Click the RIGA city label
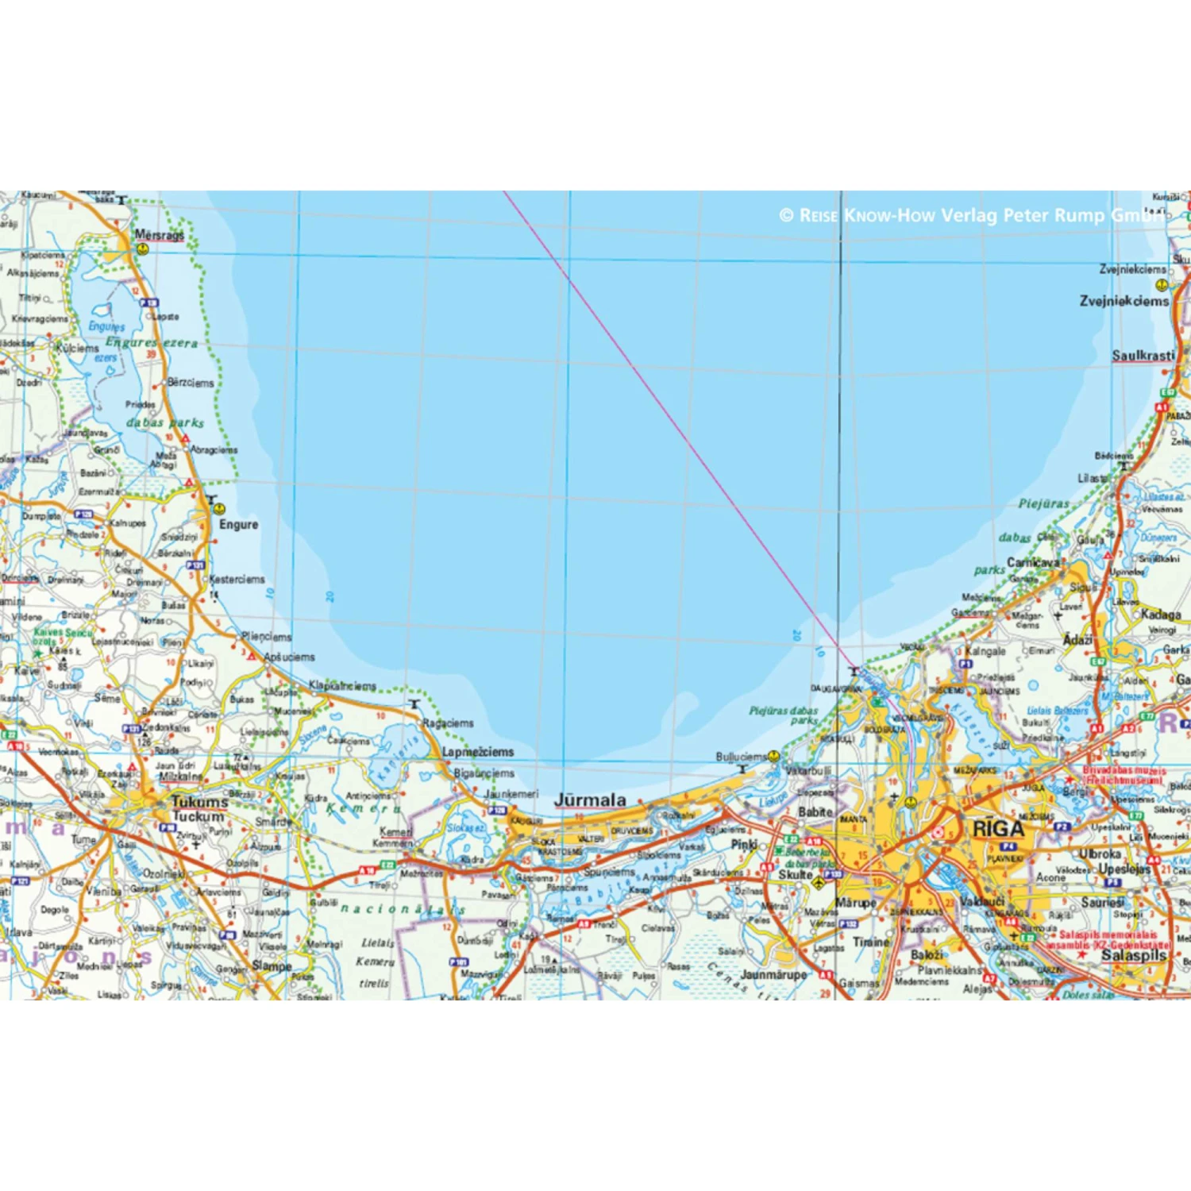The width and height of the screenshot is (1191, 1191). tap(998, 829)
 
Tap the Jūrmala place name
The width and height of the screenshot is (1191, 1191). tap(590, 800)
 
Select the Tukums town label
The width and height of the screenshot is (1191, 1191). tap(199, 802)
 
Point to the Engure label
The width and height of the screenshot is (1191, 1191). tap(238, 524)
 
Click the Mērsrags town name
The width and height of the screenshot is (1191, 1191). tap(159, 234)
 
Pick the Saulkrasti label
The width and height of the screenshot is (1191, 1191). tap(1143, 355)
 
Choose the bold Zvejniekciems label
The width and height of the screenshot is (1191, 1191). tap(1124, 301)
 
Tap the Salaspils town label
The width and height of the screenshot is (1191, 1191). tap(1134, 955)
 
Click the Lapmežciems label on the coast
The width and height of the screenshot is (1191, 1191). tap(478, 751)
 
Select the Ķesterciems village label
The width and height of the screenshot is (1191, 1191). tap(237, 579)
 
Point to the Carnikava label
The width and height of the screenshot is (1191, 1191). tap(1033, 562)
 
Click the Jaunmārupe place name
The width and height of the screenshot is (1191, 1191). tap(773, 973)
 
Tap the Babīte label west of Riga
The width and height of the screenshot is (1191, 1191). tap(815, 811)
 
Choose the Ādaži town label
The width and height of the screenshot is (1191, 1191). tap(1077, 639)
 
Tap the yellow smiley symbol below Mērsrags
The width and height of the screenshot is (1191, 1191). tap(142, 249)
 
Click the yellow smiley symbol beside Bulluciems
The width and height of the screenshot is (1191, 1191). tap(773, 757)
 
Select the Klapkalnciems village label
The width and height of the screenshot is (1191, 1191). tap(342, 685)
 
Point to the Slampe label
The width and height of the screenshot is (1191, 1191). tap(272, 966)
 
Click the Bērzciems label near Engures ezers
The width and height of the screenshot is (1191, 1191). tap(191, 382)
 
